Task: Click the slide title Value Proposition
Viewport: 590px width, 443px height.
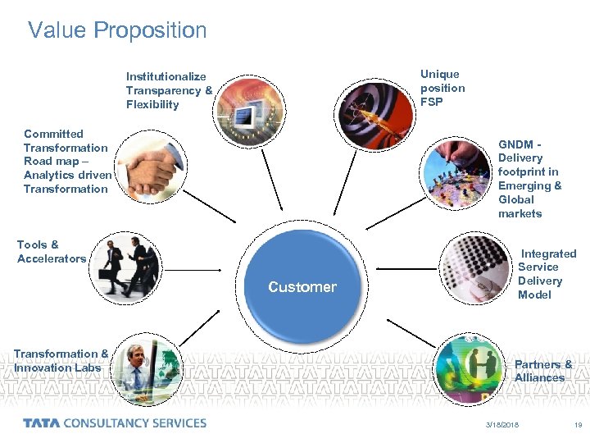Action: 117,31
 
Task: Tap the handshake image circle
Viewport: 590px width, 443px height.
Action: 147,168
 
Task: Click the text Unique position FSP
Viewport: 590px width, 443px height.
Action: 442,89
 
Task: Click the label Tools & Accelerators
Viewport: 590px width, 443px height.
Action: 51,252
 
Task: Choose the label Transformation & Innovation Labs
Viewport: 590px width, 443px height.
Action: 60,361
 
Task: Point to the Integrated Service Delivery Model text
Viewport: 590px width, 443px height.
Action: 547,274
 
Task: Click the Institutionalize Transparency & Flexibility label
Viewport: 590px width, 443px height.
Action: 169,90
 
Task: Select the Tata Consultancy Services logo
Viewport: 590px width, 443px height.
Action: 115,423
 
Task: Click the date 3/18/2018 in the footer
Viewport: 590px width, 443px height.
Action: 502,425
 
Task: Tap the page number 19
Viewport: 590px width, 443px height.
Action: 578,425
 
